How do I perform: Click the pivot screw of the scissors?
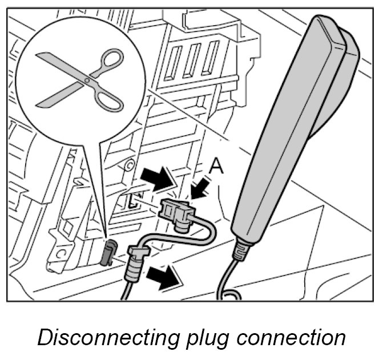(87, 80)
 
